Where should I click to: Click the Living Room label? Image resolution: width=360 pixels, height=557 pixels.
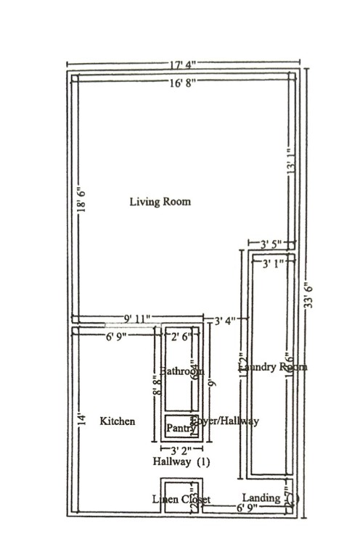coord(160,201)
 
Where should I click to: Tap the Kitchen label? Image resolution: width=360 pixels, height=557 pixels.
coord(117,421)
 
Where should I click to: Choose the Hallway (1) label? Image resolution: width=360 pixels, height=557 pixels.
coord(181,461)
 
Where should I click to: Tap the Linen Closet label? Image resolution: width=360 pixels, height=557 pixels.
coord(181,500)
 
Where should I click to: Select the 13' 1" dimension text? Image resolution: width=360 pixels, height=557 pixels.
coord(291,176)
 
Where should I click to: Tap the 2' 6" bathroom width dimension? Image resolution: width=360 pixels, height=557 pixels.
coord(179,337)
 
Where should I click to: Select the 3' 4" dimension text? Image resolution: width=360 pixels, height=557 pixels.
coord(224,320)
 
